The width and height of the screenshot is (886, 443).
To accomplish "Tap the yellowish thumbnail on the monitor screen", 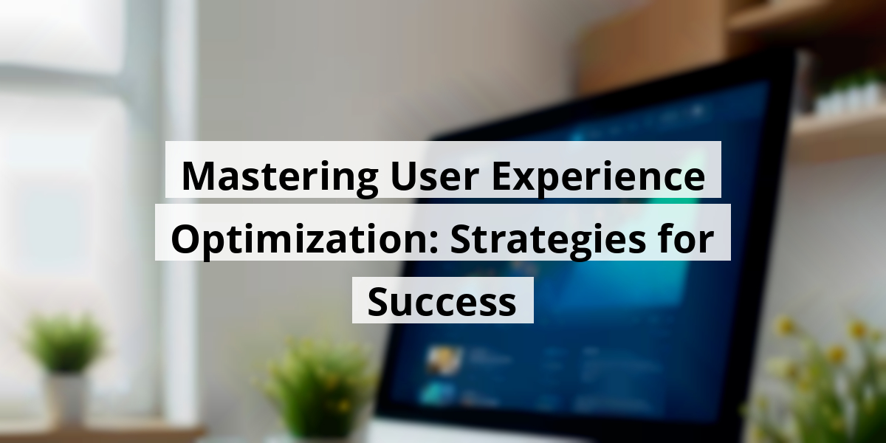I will coord(444,362).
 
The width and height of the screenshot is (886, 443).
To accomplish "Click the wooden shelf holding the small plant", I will coord(842,133).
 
